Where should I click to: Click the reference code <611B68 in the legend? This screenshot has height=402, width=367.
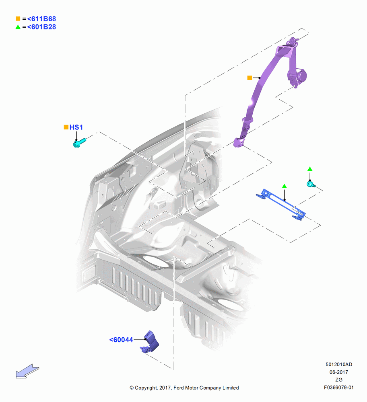pos(41,19)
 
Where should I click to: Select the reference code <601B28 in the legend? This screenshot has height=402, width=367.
pos(41,27)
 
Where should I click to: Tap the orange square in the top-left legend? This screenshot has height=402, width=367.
pos(18,18)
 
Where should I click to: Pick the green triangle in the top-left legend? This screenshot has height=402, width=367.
pos(18,27)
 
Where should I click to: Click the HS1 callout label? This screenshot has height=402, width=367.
pos(76,127)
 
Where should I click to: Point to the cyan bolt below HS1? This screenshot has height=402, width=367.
pos(79,143)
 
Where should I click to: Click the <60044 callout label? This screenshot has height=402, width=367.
pos(121,340)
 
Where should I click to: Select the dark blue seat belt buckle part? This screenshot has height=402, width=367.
pos(150,342)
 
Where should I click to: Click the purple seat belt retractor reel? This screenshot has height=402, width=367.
pos(298,76)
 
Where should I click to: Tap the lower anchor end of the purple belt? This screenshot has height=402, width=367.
pos(238,143)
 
